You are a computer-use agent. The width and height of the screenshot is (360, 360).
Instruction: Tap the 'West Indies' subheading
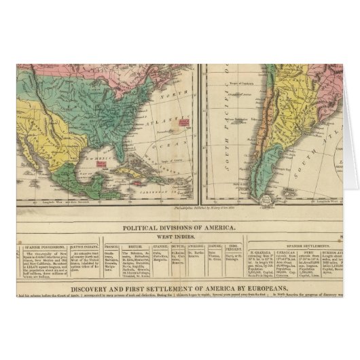tap(179, 236)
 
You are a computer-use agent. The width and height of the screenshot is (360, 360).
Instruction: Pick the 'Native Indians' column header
tap(84, 247)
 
